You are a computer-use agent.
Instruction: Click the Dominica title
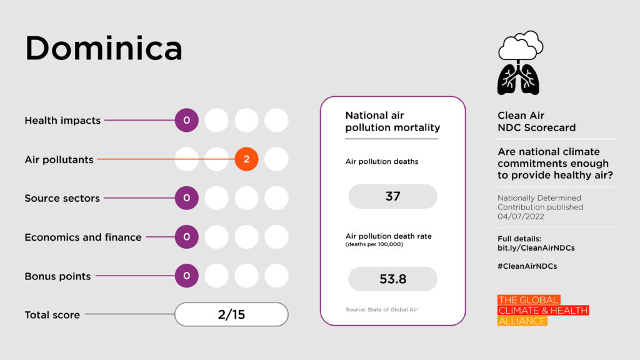pyautogui.click(x=103, y=48)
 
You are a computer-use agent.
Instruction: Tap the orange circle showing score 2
pyautogui.click(x=246, y=159)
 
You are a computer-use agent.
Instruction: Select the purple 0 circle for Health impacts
pyautogui.click(x=186, y=120)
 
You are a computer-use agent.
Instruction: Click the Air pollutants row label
pyautogui.click(x=59, y=159)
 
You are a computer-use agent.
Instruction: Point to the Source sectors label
pyautogui.click(x=62, y=198)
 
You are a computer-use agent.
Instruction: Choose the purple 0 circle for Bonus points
pyautogui.click(x=186, y=276)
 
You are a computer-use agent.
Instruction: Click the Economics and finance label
pyautogui.click(x=82, y=237)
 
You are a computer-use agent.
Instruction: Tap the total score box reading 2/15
pyautogui.click(x=231, y=314)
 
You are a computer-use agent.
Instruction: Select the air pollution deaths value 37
pyautogui.click(x=392, y=196)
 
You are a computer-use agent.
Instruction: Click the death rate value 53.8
pyautogui.click(x=392, y=279)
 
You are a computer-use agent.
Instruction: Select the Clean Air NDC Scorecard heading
pyautogui.click(x=536, y=121)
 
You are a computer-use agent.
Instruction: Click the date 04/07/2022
pyautogui.click(x=521, y=216)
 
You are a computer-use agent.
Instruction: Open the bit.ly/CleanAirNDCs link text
pyautogui.click(x=536, y=247)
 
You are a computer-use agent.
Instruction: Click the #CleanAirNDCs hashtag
pyautogui.click(x=527, y=266)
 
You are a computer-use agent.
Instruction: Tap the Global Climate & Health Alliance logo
pyautogui.click(x=542, y=310)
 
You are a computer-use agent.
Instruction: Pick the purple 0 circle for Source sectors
pyautogui.click(x=186, y=198)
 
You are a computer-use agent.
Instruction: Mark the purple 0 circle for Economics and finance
pyautogui.click(x=186, y=237)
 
